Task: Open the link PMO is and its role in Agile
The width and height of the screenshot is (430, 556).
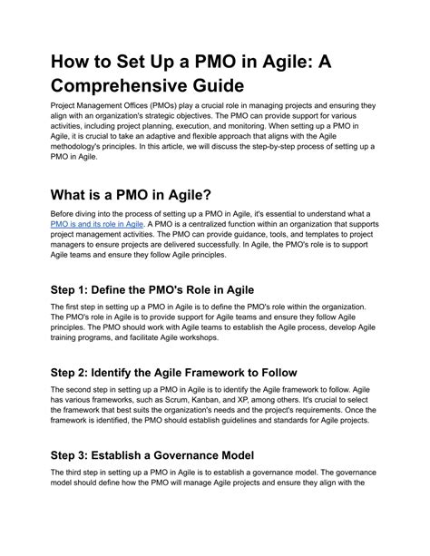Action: [98, 248]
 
